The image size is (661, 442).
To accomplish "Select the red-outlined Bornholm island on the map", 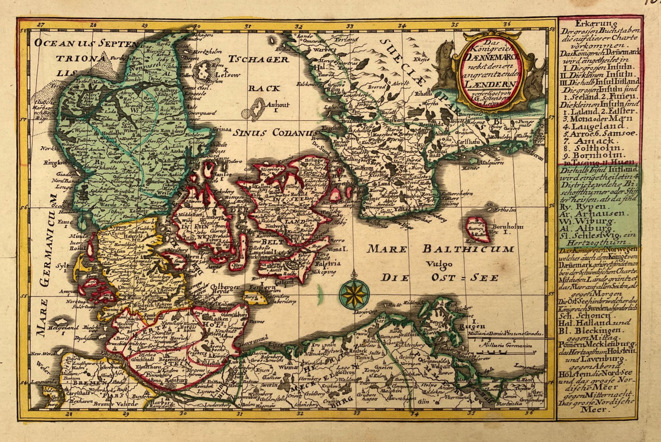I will pyautogui.click(x=477, y=229).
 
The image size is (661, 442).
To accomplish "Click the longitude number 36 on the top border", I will pyautogui.click(x=507, y=25).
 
